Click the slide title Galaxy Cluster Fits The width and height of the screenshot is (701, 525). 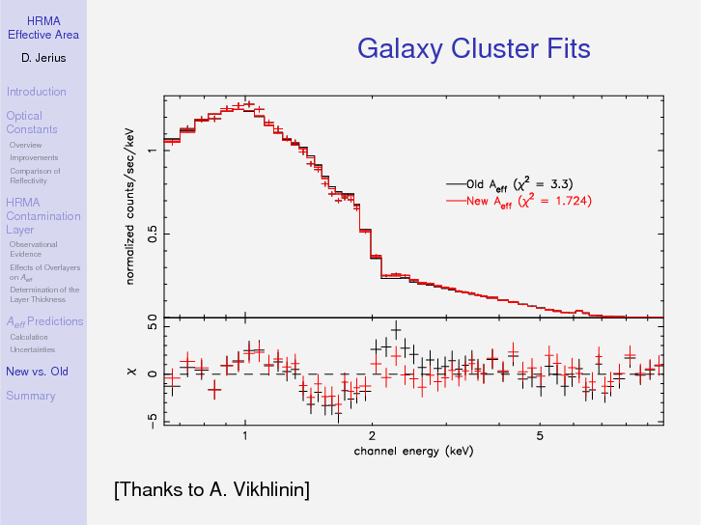coord(473,48)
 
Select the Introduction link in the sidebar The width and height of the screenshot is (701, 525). coord(36,92)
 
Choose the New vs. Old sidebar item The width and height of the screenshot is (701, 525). coord(37,372)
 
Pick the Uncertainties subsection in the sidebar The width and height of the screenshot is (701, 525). coord(32,349)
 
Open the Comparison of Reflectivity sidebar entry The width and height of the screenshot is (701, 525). coord(35,176)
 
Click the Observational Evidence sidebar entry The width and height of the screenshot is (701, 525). coord(33,249)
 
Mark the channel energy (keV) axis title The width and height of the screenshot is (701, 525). coord(413,451)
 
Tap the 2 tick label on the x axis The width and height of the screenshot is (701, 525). coord(372,435)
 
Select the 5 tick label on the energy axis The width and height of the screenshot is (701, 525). coord(540,435)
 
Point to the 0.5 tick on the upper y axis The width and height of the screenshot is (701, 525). coord(153,235)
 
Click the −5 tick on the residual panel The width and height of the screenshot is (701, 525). coord(153,420)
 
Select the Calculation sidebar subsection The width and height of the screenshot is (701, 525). coord(29,337)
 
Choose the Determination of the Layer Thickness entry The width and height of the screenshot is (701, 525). coord(44,294)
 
